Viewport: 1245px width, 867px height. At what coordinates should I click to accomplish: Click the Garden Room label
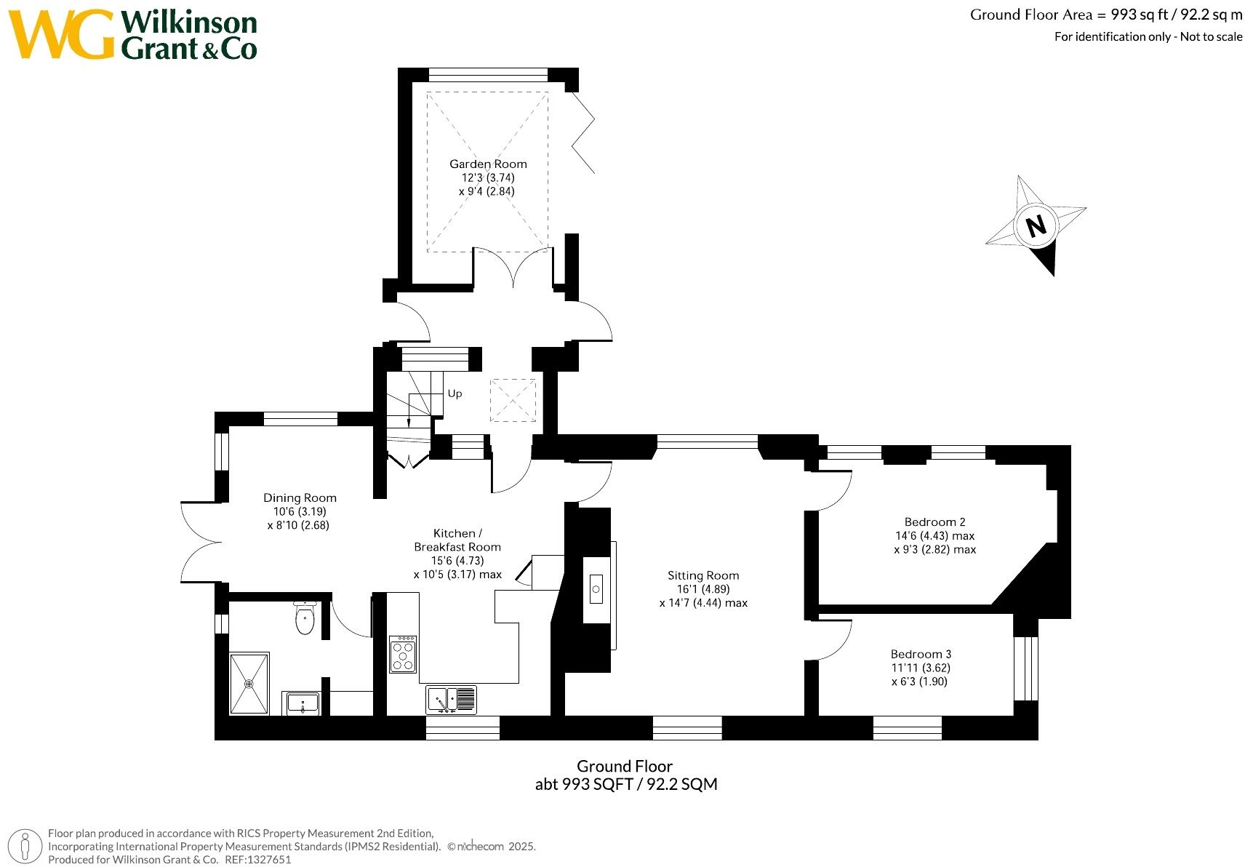coord(487,164)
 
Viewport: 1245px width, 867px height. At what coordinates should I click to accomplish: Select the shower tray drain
coord(249,683)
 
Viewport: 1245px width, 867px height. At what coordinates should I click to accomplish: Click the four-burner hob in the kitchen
coord(403,654)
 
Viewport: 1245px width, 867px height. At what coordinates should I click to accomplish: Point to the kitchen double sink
coord(451,700)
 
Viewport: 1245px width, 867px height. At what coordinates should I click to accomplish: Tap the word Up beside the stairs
coord(455,393)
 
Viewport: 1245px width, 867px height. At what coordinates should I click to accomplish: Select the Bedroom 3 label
coord(921,654)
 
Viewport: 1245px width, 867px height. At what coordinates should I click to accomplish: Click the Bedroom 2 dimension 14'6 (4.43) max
coord(934,536)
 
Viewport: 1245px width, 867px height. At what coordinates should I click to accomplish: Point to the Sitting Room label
coord(703,575)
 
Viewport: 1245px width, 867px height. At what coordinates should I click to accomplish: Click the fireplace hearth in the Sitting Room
coord(596,588)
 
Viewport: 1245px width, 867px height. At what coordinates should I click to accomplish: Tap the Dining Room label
coord(300,498)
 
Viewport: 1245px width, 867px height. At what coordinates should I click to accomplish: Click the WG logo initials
coord(61,34)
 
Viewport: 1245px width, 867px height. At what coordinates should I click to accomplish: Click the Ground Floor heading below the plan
coord(625,766)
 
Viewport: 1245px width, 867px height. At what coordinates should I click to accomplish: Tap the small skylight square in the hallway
coord(513,400)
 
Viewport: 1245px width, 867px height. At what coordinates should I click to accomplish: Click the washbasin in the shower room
coord(303,703)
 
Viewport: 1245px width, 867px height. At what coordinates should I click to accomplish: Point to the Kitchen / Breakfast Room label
coord(457,540)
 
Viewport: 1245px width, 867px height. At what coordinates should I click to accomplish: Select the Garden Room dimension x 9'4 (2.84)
coord(487,191)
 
